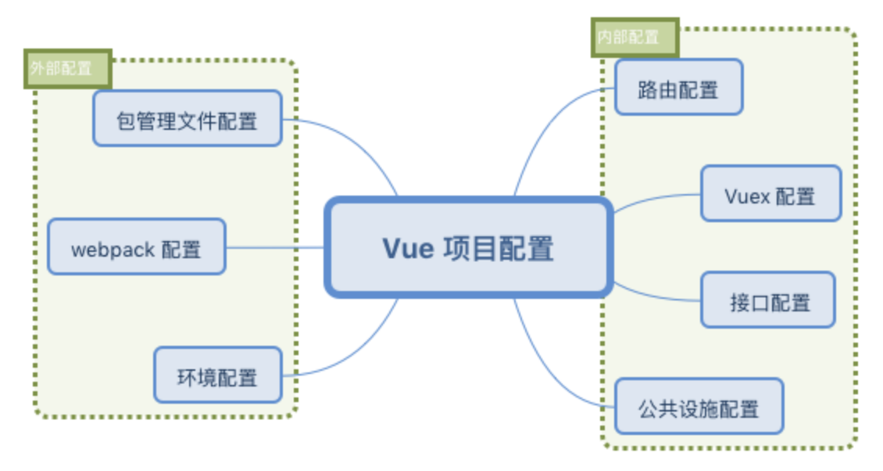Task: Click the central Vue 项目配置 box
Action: (x=467, y=248)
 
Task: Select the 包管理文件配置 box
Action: (x=187, y=118)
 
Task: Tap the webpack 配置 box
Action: (x=136, y=246)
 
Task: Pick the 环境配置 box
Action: (x=217, y=375)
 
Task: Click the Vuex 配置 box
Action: (x=770, y=193)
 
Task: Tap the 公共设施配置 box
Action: (x=698, y=406)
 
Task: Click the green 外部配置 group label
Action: (x=67, y=69)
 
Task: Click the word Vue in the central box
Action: (x=407, y=248)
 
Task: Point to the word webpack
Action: (x=113, y=250)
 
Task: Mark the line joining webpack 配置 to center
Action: (x=273, y=247)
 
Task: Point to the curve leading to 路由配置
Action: (x=547, y=125)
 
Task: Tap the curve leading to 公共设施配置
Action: (x=547, y=368)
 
